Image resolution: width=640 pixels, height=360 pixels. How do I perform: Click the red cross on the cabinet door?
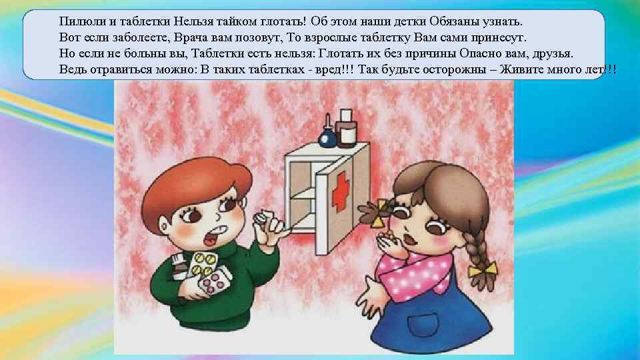click(x=341, y=191)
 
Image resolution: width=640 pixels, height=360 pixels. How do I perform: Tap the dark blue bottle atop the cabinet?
click(x=327, y=134)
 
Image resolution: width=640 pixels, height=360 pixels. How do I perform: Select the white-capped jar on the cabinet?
click(x=346, y=128)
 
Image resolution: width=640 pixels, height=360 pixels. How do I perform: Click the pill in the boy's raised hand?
click(x=259, y=219)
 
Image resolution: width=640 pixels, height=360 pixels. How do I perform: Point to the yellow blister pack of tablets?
click(x=203, y=264)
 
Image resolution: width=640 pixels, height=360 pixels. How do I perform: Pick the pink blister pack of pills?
click(x=214, y=281)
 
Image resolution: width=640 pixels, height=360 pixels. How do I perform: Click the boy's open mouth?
click(x=211, y=237)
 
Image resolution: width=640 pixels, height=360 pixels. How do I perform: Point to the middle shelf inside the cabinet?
click(x=303, y=193)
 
